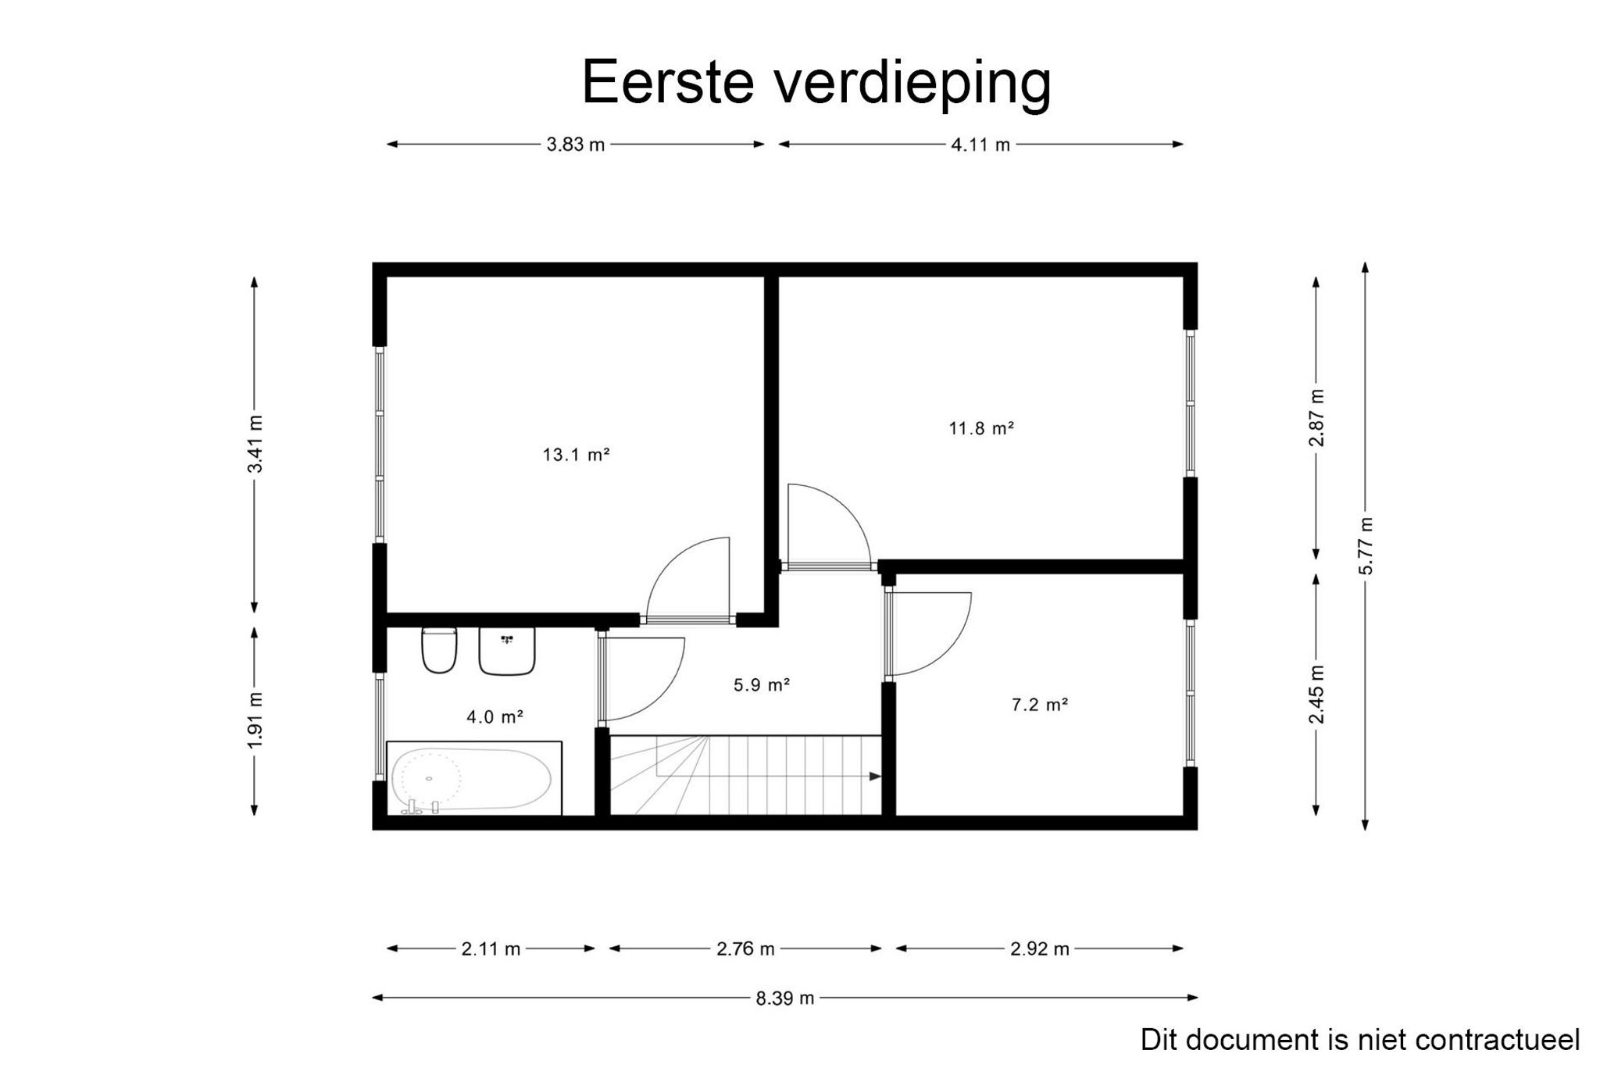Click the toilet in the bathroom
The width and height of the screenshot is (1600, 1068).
point(439,650)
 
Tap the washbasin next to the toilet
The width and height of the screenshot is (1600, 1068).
point(507,651)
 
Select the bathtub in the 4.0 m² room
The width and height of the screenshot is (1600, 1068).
point(473,778)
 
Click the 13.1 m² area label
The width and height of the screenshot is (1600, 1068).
point(576,455)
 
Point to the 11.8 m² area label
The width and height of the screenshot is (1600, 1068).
point(981,428)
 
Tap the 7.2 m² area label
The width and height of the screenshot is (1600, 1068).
point(1040,705)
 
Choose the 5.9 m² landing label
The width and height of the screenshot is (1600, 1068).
point(762,685)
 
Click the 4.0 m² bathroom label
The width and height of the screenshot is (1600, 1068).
point(495,716)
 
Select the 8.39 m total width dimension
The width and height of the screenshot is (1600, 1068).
point(784,998)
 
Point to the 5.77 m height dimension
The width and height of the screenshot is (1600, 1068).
point(1365,545)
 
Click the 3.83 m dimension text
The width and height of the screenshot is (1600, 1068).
point(576,145)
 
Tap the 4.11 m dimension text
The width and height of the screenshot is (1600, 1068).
point(980,145)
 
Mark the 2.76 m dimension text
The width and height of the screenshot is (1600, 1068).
point(745,949)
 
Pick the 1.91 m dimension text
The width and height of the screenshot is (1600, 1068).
point(255,720)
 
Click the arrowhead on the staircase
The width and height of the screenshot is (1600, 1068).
point(875,777)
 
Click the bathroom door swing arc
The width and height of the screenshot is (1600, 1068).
point(656,688)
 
